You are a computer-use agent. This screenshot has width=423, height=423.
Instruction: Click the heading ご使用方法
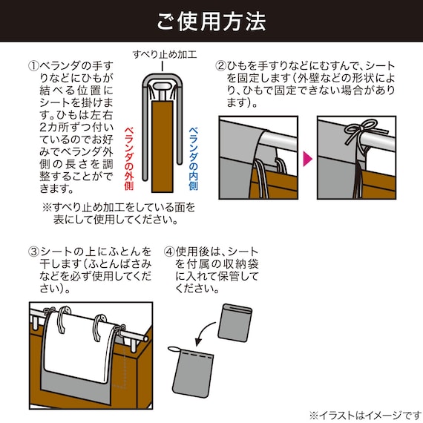click(211, 22)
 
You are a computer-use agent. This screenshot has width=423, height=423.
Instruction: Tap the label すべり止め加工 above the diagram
click(165, 54)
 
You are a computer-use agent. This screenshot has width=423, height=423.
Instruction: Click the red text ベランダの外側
click(129, 159)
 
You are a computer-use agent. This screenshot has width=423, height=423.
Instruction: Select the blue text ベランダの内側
click(193, 159)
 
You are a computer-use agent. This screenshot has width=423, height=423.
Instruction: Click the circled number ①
click(33, 66)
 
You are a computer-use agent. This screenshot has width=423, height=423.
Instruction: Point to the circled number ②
click(220, 66)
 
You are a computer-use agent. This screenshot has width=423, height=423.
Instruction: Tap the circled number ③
click(33, 252)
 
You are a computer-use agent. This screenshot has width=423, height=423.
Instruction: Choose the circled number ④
click(169, 252)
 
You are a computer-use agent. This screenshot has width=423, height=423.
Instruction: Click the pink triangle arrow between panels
click(308, 159)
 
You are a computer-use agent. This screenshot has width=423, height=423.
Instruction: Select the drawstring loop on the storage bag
click(174, 350)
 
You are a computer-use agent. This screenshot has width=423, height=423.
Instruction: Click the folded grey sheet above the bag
click(235, 323)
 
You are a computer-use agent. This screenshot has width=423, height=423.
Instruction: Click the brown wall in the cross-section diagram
click(162, 146)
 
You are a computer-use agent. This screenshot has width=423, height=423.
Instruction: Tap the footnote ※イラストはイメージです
click(366, 415)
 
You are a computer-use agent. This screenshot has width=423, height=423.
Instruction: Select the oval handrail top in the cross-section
click(162, 87)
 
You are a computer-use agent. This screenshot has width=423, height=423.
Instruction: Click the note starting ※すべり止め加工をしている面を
click(119, 214)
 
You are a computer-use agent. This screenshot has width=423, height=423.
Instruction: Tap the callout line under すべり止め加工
click(162, 66)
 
